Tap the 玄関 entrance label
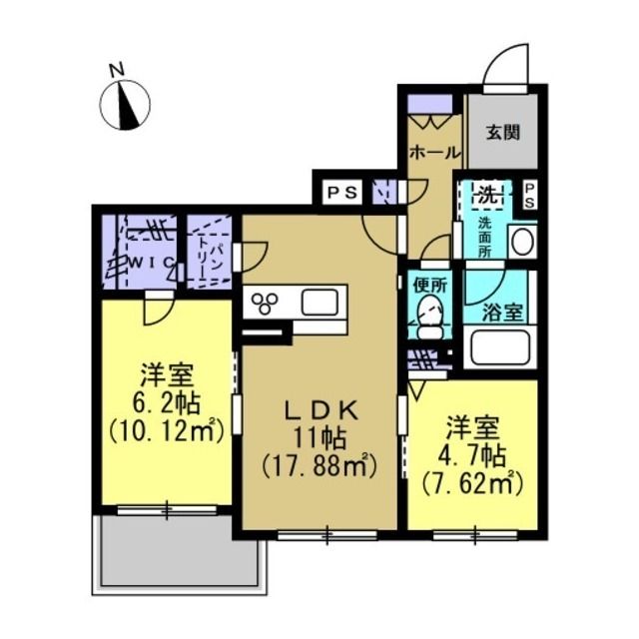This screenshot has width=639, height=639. [503, 132]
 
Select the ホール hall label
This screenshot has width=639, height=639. [435, 153]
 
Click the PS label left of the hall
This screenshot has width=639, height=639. [342, 192]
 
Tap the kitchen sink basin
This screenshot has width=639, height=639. [319, 302]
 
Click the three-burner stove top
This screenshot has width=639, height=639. [265, 304]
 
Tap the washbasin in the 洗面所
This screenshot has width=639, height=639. [522, 242]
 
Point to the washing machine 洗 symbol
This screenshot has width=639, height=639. [488, 196]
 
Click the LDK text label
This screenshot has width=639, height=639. [320, 411]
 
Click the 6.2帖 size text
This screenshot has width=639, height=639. [166, 403]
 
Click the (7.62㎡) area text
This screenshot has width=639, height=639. [472, 483]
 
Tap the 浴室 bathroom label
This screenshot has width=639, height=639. [502, 313]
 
